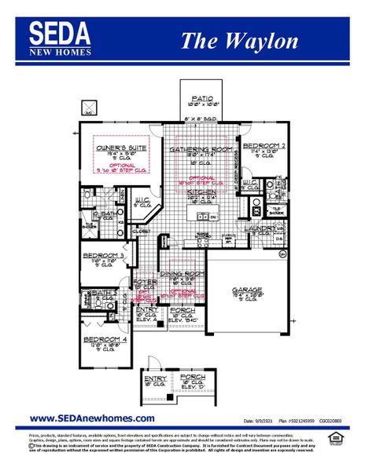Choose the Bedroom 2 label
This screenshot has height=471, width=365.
[x=263, y=147]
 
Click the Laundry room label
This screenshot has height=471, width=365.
[x=261, y=228]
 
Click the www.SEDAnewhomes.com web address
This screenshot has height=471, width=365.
[x=91, y=418]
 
